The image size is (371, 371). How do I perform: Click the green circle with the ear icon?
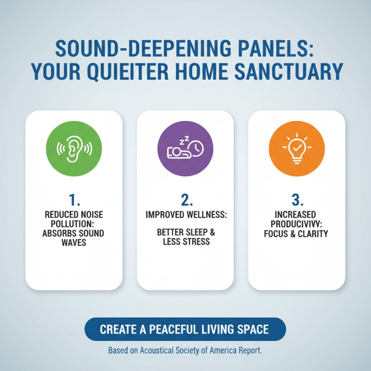click(74, 148)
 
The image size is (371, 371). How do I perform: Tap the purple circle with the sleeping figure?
click(185, 148)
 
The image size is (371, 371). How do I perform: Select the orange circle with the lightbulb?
click(296, 148)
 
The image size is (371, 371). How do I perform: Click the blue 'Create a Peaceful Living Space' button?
click(185, 329)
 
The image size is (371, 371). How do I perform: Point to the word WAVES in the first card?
click(74, 242)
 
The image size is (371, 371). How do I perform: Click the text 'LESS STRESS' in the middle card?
click(185, 242)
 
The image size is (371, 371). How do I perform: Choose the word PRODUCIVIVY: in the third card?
click(297, 224)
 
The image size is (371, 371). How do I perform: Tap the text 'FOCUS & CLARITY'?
click(297, 233)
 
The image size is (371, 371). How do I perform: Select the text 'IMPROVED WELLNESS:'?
click(185, 216)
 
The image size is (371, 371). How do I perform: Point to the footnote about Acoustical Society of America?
click(185, 350)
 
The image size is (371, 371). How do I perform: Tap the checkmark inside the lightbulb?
click(297, 148)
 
